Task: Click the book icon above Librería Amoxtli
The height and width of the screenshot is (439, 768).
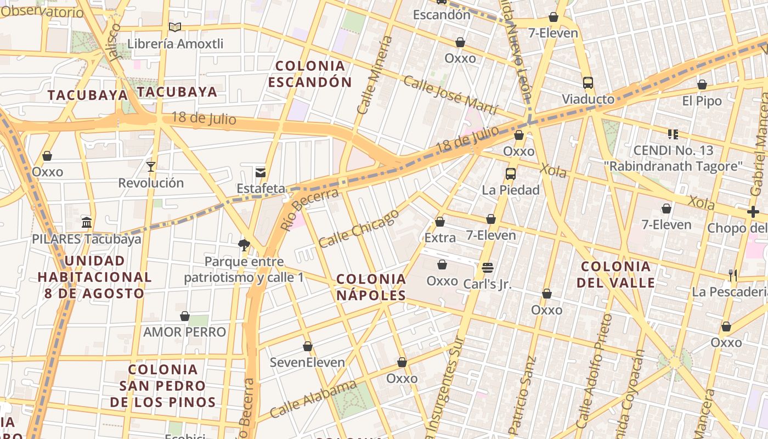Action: (174, 27)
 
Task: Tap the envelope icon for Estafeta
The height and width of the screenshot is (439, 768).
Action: (261, 172)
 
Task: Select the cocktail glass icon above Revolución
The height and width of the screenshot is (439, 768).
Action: (151, 166)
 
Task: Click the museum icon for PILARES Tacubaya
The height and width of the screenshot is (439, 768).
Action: (86, 222)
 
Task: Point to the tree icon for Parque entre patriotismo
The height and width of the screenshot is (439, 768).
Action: (244, 245)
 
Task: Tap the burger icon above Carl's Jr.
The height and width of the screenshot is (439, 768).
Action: (487, 268)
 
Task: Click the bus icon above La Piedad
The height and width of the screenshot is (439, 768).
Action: (511, 173)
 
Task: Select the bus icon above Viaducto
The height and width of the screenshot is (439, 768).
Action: (588, 83)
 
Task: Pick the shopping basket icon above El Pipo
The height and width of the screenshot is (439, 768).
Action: (702, 85)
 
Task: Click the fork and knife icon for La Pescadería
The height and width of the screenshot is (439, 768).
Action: (732, 275)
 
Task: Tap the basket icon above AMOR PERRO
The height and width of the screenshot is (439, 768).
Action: (185, 316)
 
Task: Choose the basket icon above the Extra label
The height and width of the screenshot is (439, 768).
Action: (439, 222)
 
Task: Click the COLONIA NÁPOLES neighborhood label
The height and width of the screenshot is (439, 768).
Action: (371, 287)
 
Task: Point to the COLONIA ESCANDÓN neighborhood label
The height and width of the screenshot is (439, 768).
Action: (310, 74)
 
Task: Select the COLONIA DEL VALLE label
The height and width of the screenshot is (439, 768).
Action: (615, 274)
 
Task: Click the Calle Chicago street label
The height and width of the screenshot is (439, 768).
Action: (359, 228)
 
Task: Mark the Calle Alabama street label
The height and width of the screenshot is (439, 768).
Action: (313, 399)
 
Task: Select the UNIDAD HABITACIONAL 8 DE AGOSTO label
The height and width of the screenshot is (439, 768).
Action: (94, 277)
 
